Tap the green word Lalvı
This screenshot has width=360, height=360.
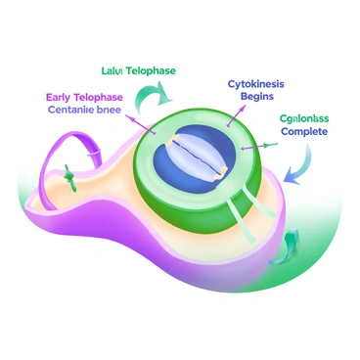[x=112, y=71]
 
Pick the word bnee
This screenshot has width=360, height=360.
[x=123, y=110]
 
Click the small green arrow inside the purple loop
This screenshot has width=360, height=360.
[x=71, y=178]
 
